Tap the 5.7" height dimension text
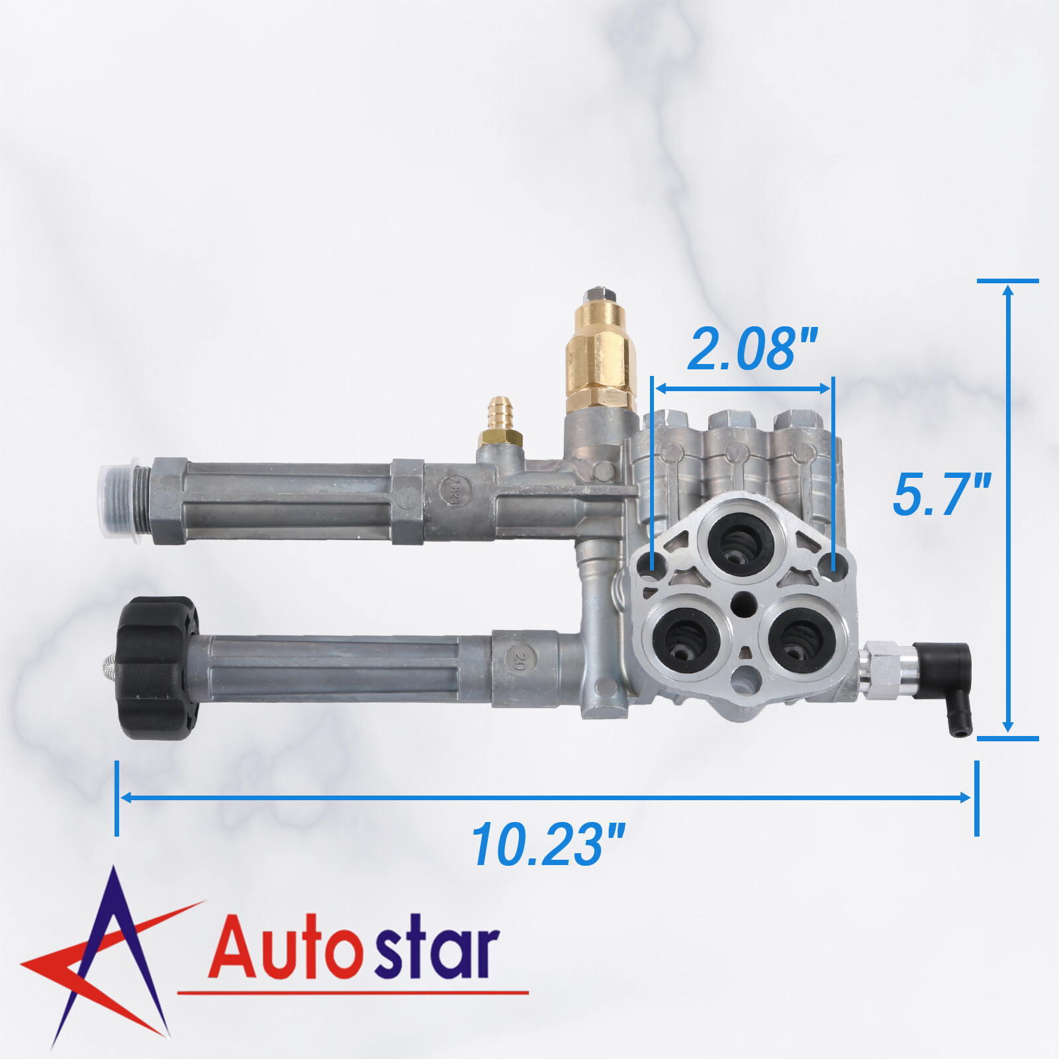pos(941,494)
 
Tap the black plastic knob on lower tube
pos(158,668)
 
